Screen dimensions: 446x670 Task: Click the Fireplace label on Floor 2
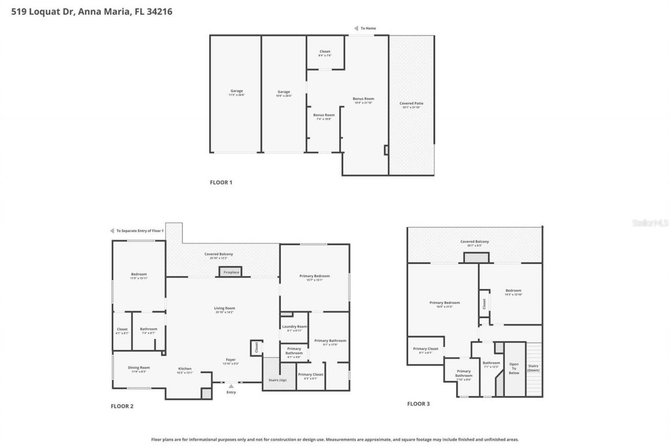click(x=231, y=272)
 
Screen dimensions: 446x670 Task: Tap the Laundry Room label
click(x=294, y=326)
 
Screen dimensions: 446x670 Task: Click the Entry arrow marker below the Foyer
click(x=231, y=386)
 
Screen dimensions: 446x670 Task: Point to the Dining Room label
click(x=139, y=368)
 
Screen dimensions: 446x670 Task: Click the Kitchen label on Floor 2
click(x=185, y=369)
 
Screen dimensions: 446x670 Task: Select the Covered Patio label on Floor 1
click(x=411, y=104)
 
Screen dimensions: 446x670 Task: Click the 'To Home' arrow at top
click(x=356, y=28)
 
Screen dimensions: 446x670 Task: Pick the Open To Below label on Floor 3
click(x=514, y=368)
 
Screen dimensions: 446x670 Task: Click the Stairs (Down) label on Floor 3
click(x=533, y=368)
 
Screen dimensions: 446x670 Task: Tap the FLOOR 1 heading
click(x=220, y=182)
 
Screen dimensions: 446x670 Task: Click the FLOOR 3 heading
click(x=419, y=404)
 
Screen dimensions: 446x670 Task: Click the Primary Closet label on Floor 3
click(x=425, y=349)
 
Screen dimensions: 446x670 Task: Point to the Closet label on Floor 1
click(x=325, y=52)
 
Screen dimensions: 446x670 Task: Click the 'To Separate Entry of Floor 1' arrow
click(x=112, y=231)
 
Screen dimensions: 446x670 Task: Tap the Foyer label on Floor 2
click(x=230, y=360)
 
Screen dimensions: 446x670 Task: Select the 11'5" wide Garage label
click(x=237, y=91)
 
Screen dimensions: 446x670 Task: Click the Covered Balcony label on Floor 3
click(x=474, y=242)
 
